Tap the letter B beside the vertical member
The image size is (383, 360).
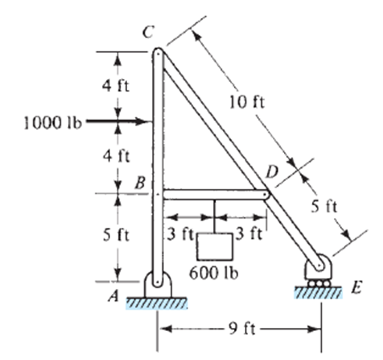click(x=140, y=183)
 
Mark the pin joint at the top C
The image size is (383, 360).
click(x=158, y=54)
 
